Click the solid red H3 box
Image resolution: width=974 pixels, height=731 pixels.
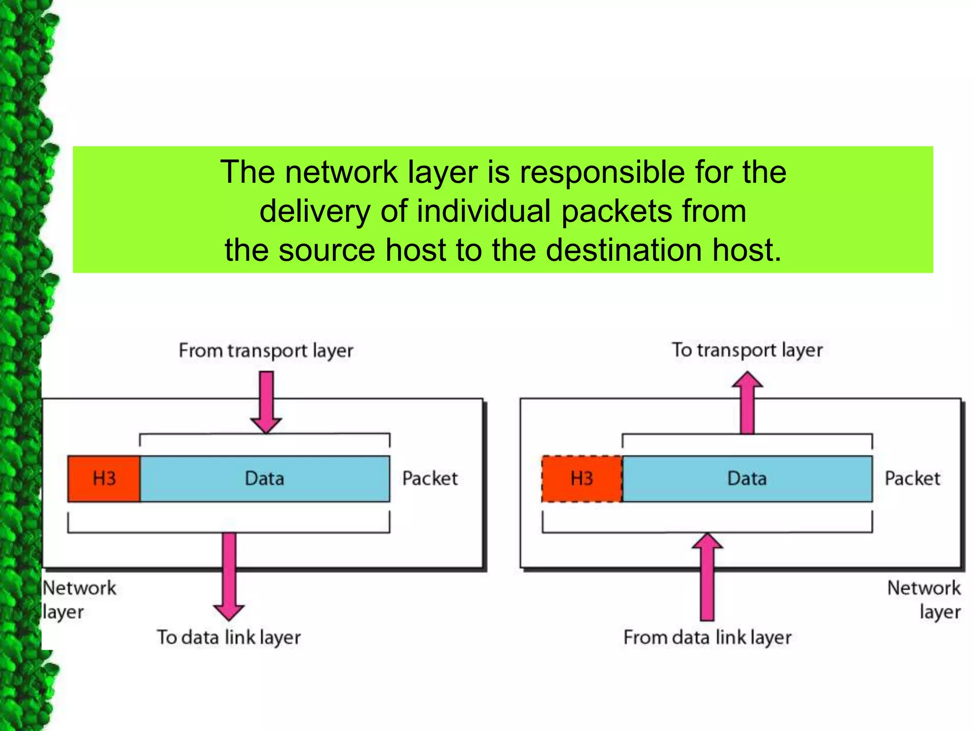(x=104, y=478)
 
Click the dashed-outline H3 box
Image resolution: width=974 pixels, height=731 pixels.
(x=582, y=478)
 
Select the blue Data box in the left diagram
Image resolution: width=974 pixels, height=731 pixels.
(x=265, y=478)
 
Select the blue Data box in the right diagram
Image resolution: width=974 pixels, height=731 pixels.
(x=747, y=478)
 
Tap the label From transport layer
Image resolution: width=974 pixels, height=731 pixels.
(x=266, y=351)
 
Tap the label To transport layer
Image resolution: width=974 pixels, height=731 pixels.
(x=747, y=350)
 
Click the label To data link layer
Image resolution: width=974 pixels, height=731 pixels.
(x=229, y=637)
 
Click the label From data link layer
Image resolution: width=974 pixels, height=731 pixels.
(x=707, y=637)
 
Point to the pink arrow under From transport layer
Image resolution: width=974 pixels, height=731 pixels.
(x=266, y=402)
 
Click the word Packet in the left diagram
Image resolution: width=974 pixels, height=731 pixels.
(x=430, y=478)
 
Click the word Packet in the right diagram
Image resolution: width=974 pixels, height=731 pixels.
(x=912, y=478)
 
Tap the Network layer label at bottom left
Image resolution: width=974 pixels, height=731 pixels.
(x=78, y=600)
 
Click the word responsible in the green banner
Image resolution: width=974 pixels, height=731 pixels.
(x=602, y=172)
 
